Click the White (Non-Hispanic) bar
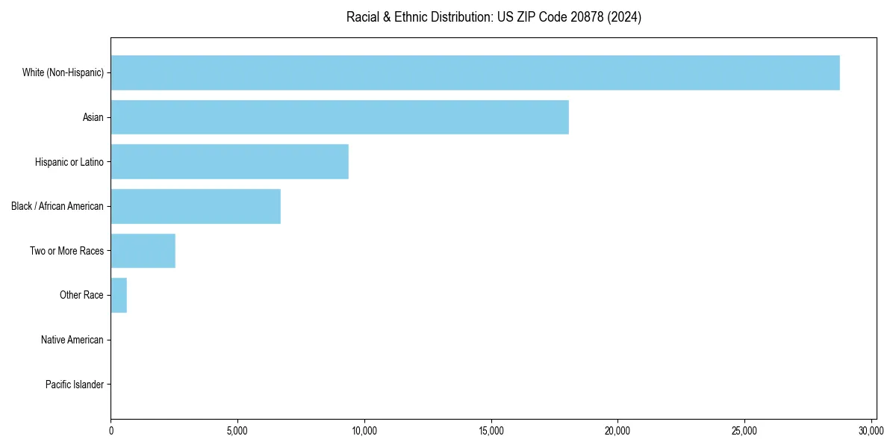click(475, 72)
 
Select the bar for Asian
click(340, 117)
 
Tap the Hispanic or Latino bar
click(229, 162)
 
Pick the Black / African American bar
click(196, 206)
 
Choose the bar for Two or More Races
click(143, 251)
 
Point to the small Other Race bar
click(119, 296)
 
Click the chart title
click(494, 17)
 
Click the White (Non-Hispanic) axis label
click(63, 72)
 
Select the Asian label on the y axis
click(93, 117)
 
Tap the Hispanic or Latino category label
click(69, 162)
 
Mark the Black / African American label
click(57, 206)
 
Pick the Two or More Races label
click(66, 251)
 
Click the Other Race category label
click(81, 296)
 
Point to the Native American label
click(72, 340)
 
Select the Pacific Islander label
click(74, 385)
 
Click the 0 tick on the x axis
click(111, 431)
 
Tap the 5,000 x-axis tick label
click(237, 431)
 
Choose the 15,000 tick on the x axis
click(491, 431)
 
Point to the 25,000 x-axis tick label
click(744, 431)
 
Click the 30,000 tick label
click(871, 431)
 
